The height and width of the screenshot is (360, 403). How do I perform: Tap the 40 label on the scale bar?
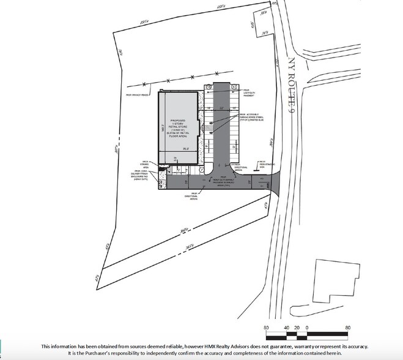click(287, 328)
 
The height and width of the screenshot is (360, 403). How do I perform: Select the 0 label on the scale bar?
click(308, 328)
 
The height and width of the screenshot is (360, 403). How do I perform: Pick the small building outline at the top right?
click(262, 24)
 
